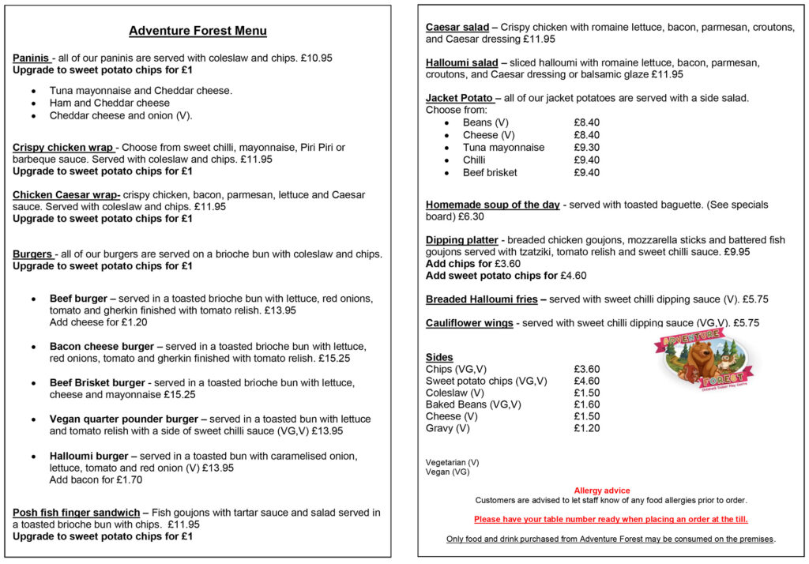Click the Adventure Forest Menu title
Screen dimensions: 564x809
pos(198,32)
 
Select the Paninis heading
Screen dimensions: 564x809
pos(31,58)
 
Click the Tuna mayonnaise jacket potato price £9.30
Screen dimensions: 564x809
pos(586,148)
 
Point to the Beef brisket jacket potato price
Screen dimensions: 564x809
pos(586,173)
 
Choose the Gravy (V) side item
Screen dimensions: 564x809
pos(447,429)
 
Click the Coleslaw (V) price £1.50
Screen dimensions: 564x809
pos(586,393)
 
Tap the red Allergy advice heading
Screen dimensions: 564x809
pos(602,491)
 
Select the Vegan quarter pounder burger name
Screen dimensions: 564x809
pos(124,419)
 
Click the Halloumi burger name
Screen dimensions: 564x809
pos(88,457)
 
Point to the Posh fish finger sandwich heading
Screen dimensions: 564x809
pos(76,513)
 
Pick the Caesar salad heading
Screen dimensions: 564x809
pos(457,27)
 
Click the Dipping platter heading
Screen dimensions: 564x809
pos(462,240)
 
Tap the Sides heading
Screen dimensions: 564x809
pos(439,357)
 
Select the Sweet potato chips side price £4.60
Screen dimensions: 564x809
pos(586,382)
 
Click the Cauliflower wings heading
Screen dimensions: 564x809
pos(469,323)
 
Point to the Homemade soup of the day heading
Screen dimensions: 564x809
pos(492,205)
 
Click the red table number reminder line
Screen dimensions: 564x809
pos(610,520)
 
